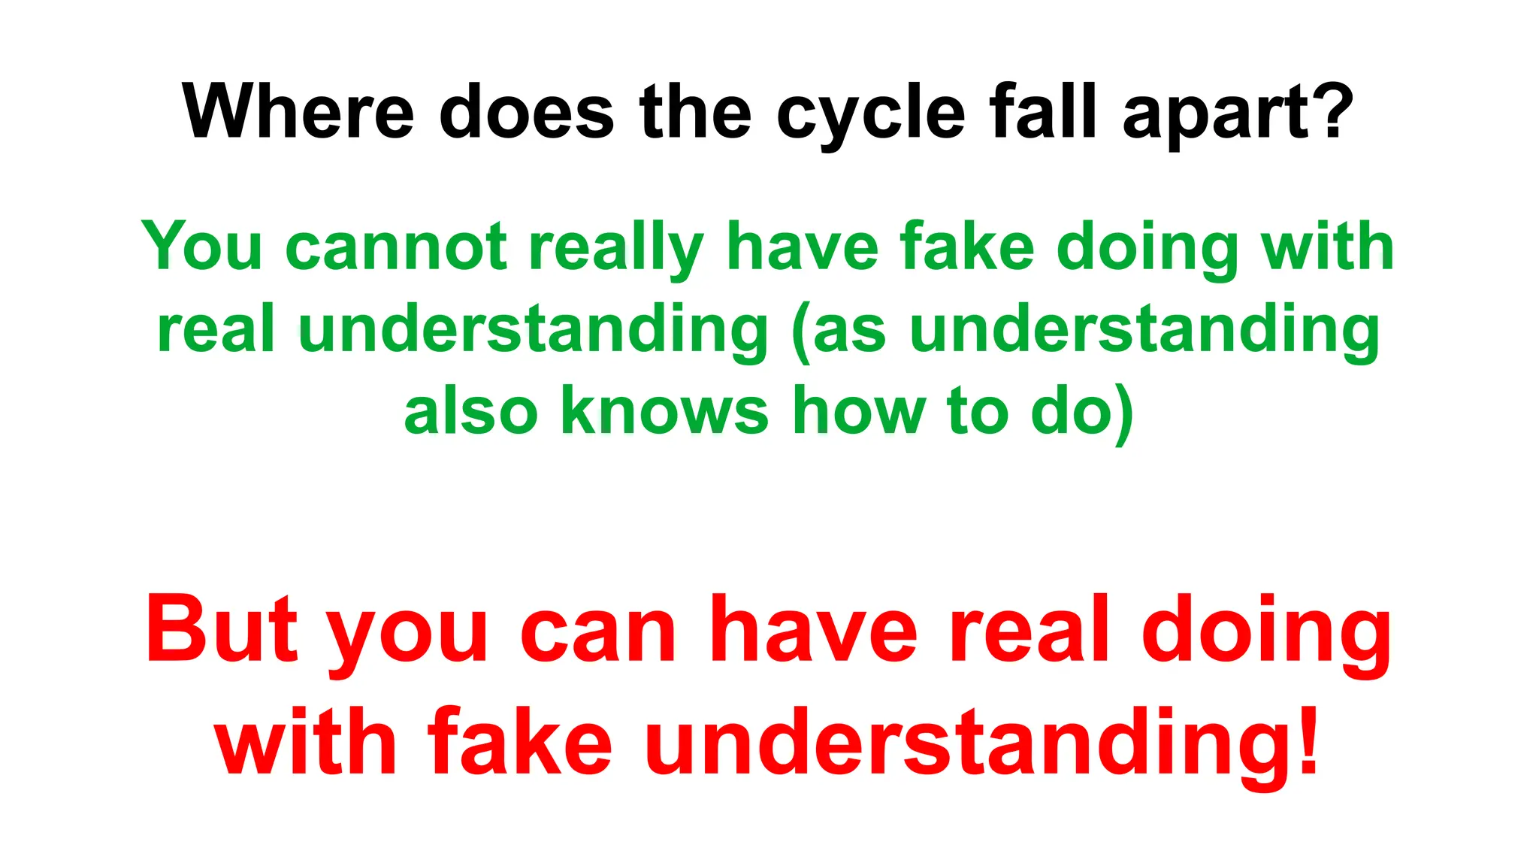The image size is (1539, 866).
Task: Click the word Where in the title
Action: click(298, 111)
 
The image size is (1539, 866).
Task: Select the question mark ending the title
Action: click(1334, 111)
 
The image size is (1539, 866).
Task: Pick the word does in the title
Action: click(526, 111)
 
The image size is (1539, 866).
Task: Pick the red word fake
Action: click(520, 741)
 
